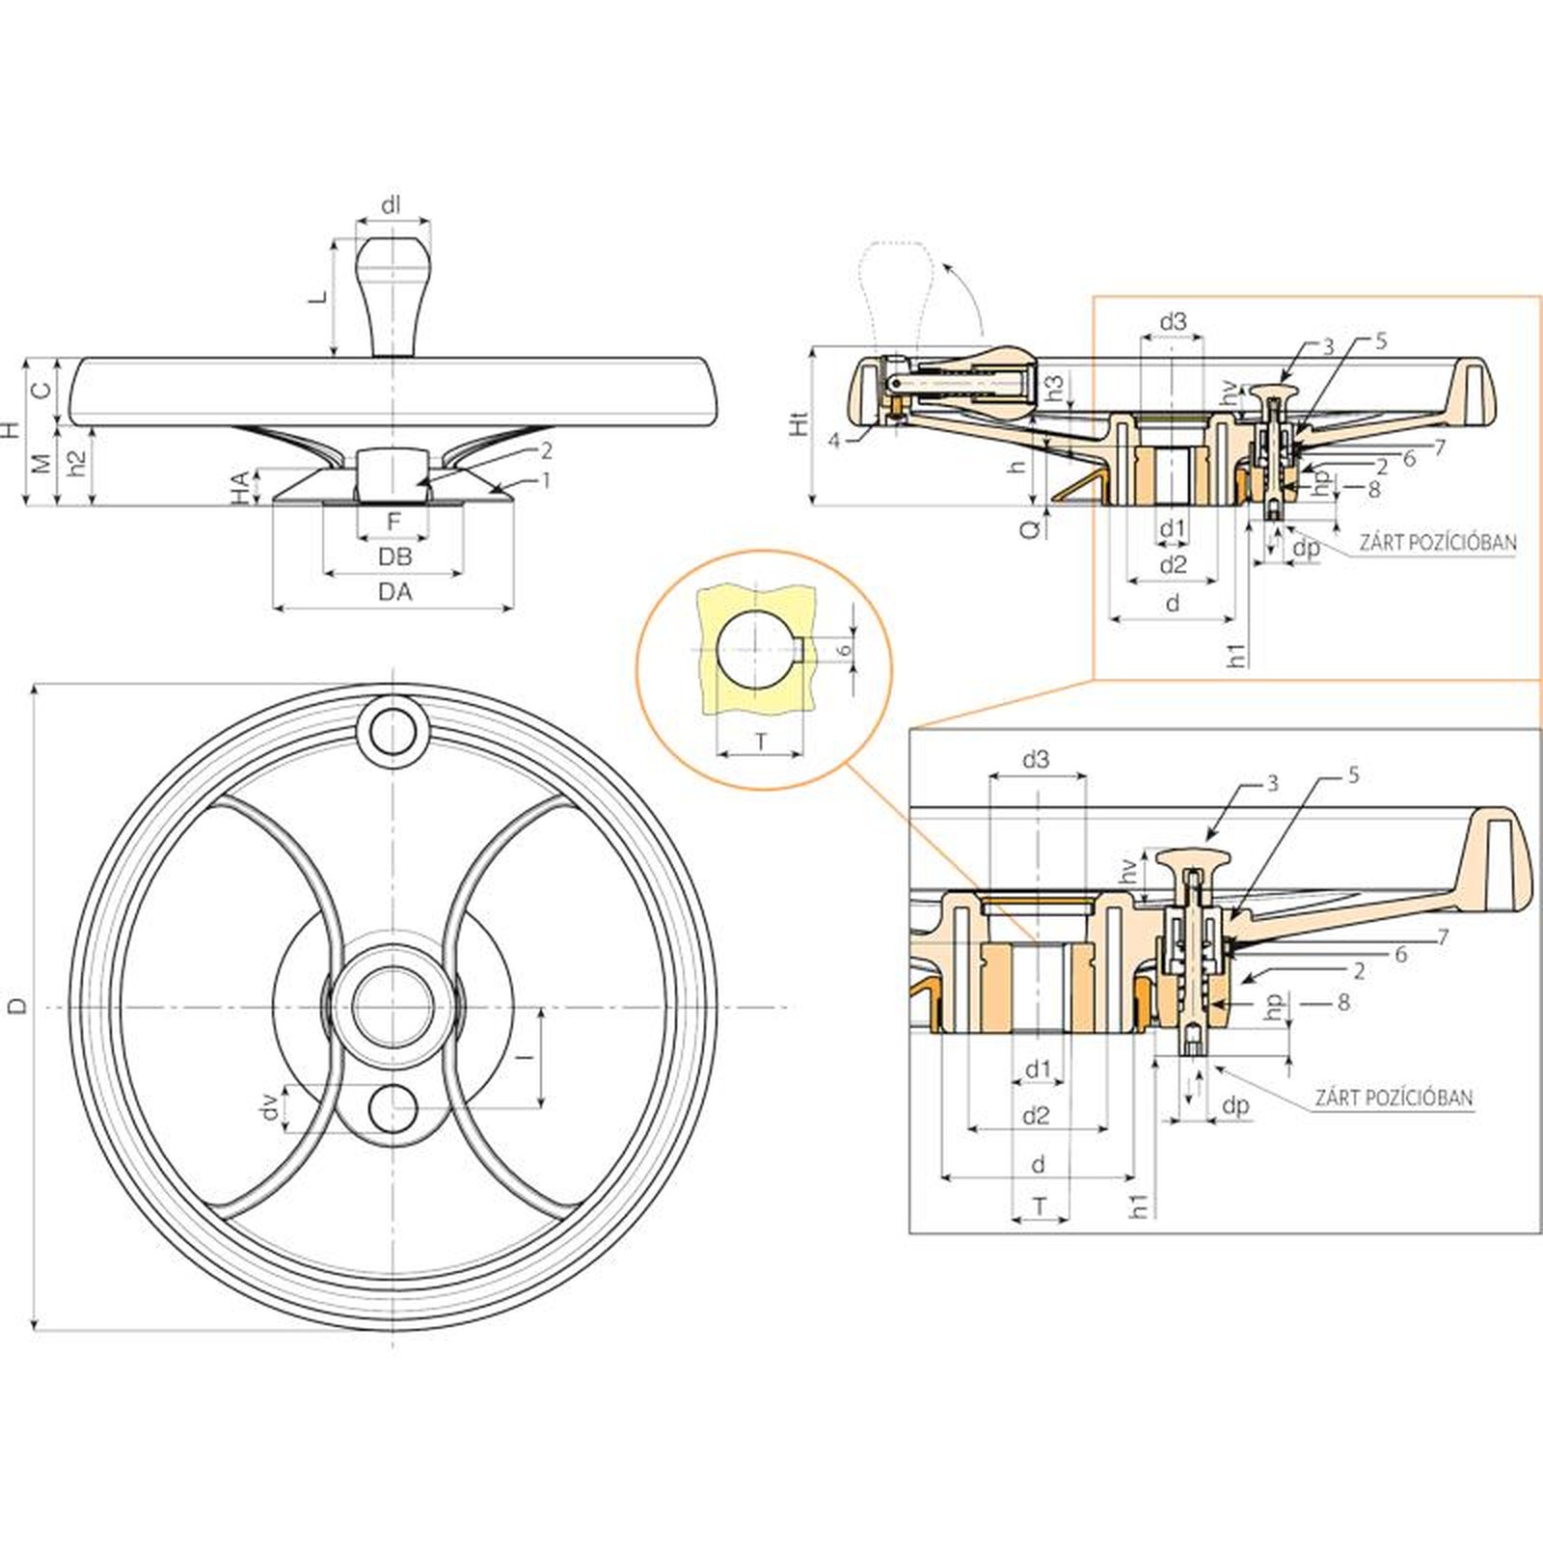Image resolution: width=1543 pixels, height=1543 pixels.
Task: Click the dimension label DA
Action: point(394,592)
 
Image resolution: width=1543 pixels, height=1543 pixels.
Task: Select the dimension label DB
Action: point(394,557)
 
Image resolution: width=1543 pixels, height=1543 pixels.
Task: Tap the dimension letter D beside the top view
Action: point(17,1006)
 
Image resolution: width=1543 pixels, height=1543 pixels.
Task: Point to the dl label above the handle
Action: point(391,205)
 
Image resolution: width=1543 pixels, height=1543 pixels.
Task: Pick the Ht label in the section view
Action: point(799,423)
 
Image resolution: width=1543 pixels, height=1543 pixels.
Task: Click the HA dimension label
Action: point(240,488)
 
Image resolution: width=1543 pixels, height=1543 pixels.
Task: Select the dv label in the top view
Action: point(271,1107)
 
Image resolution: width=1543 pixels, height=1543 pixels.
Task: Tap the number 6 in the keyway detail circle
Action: point(845,650)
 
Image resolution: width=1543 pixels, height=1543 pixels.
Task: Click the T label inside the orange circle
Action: point(761,742)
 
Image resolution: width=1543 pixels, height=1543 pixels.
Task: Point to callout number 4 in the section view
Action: point(833,441)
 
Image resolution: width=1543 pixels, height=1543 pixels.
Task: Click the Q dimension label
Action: point(1030,528)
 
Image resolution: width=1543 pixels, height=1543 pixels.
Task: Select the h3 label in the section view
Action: point(1055,388)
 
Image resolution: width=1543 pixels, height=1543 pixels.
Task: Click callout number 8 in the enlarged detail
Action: point(1343,1003)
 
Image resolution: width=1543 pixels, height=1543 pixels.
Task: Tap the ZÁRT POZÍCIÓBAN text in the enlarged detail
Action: point(1394,1097)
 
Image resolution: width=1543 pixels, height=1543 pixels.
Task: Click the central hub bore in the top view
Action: point(393,1006)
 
